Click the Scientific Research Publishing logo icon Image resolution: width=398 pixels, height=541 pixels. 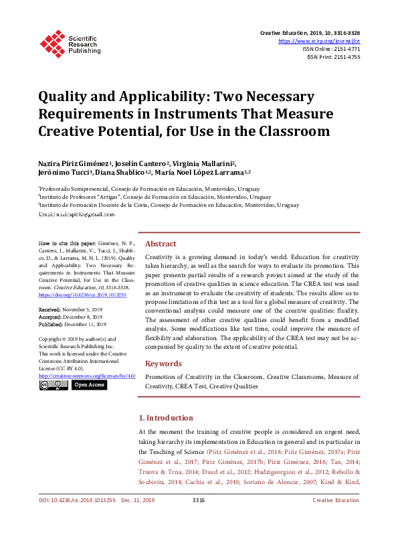point(52,41)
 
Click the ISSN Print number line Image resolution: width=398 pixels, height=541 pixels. point(333,57)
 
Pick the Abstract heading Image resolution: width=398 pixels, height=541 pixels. point(161,244)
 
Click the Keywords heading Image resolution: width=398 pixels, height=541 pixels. point(163,364)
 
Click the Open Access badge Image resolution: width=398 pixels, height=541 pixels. point(89,385)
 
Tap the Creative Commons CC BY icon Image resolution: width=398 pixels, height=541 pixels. point(53,385)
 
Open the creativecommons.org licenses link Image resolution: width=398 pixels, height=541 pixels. point(87,376)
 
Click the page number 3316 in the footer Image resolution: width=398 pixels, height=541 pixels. point(198,519)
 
